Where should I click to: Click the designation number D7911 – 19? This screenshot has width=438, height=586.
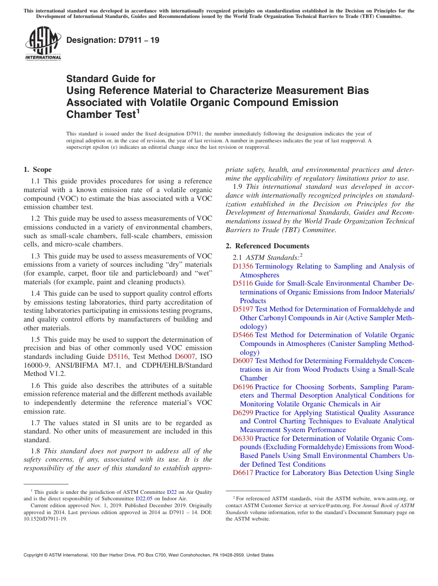tap(113, 40)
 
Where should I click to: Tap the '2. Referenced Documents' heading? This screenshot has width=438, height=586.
tap(267, 246)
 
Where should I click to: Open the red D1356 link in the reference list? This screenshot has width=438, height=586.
tap(243, 266)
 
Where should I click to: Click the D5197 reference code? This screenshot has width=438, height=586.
tap(243, 309)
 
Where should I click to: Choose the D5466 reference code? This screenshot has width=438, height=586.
tap(243, 335)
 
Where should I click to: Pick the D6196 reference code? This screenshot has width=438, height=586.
tap(243, 387)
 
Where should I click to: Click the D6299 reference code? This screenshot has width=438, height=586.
tap(243, 413)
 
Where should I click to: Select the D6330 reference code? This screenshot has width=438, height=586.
tap(243, 439)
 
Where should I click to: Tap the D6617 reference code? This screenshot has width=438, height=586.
tap(243, 473)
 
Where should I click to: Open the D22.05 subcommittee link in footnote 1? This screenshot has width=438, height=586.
tap(144, 498)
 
